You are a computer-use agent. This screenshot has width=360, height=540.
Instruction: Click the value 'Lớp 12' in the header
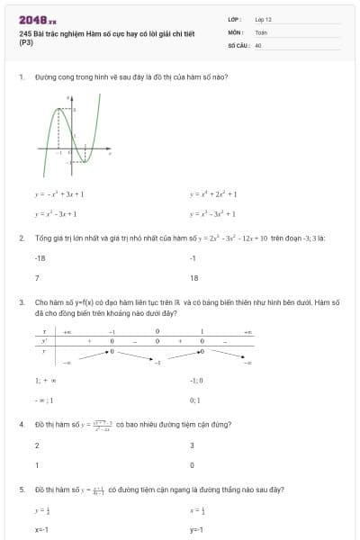coord(263,18)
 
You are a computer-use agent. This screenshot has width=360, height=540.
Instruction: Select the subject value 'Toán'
coord(261,31)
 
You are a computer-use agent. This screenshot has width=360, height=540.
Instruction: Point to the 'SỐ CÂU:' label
coord(238,43)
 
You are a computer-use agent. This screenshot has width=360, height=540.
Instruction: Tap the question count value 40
coord(258,43)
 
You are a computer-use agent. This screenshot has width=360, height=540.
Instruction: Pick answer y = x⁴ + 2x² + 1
coord(213,193)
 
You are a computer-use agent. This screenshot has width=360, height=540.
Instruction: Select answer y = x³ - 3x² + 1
coord(213,214)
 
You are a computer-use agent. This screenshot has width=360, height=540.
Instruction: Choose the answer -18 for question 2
coord(40,257)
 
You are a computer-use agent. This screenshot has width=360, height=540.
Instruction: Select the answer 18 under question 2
coord(193,278)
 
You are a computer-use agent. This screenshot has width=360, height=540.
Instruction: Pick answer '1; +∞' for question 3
coord(42,380)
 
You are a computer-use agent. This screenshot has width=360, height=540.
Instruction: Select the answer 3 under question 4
coord(192,445)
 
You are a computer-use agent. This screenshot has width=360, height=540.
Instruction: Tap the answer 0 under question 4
coord(192,465)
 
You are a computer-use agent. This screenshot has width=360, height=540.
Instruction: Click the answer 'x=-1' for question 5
coord(40,530)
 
